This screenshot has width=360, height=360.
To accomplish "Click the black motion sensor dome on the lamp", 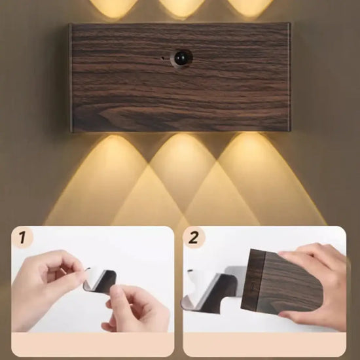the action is coord(181,58).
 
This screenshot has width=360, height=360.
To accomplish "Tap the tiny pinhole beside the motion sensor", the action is coord(163,58).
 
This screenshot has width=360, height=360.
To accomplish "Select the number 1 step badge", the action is coord(22,238).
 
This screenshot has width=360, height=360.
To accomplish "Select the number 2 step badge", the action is coord(194,238).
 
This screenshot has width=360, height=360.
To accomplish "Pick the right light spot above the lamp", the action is coord(250,8).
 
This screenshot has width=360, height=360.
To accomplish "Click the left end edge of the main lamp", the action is coord(71,78).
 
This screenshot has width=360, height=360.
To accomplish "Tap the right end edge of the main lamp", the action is coord(289,77).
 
